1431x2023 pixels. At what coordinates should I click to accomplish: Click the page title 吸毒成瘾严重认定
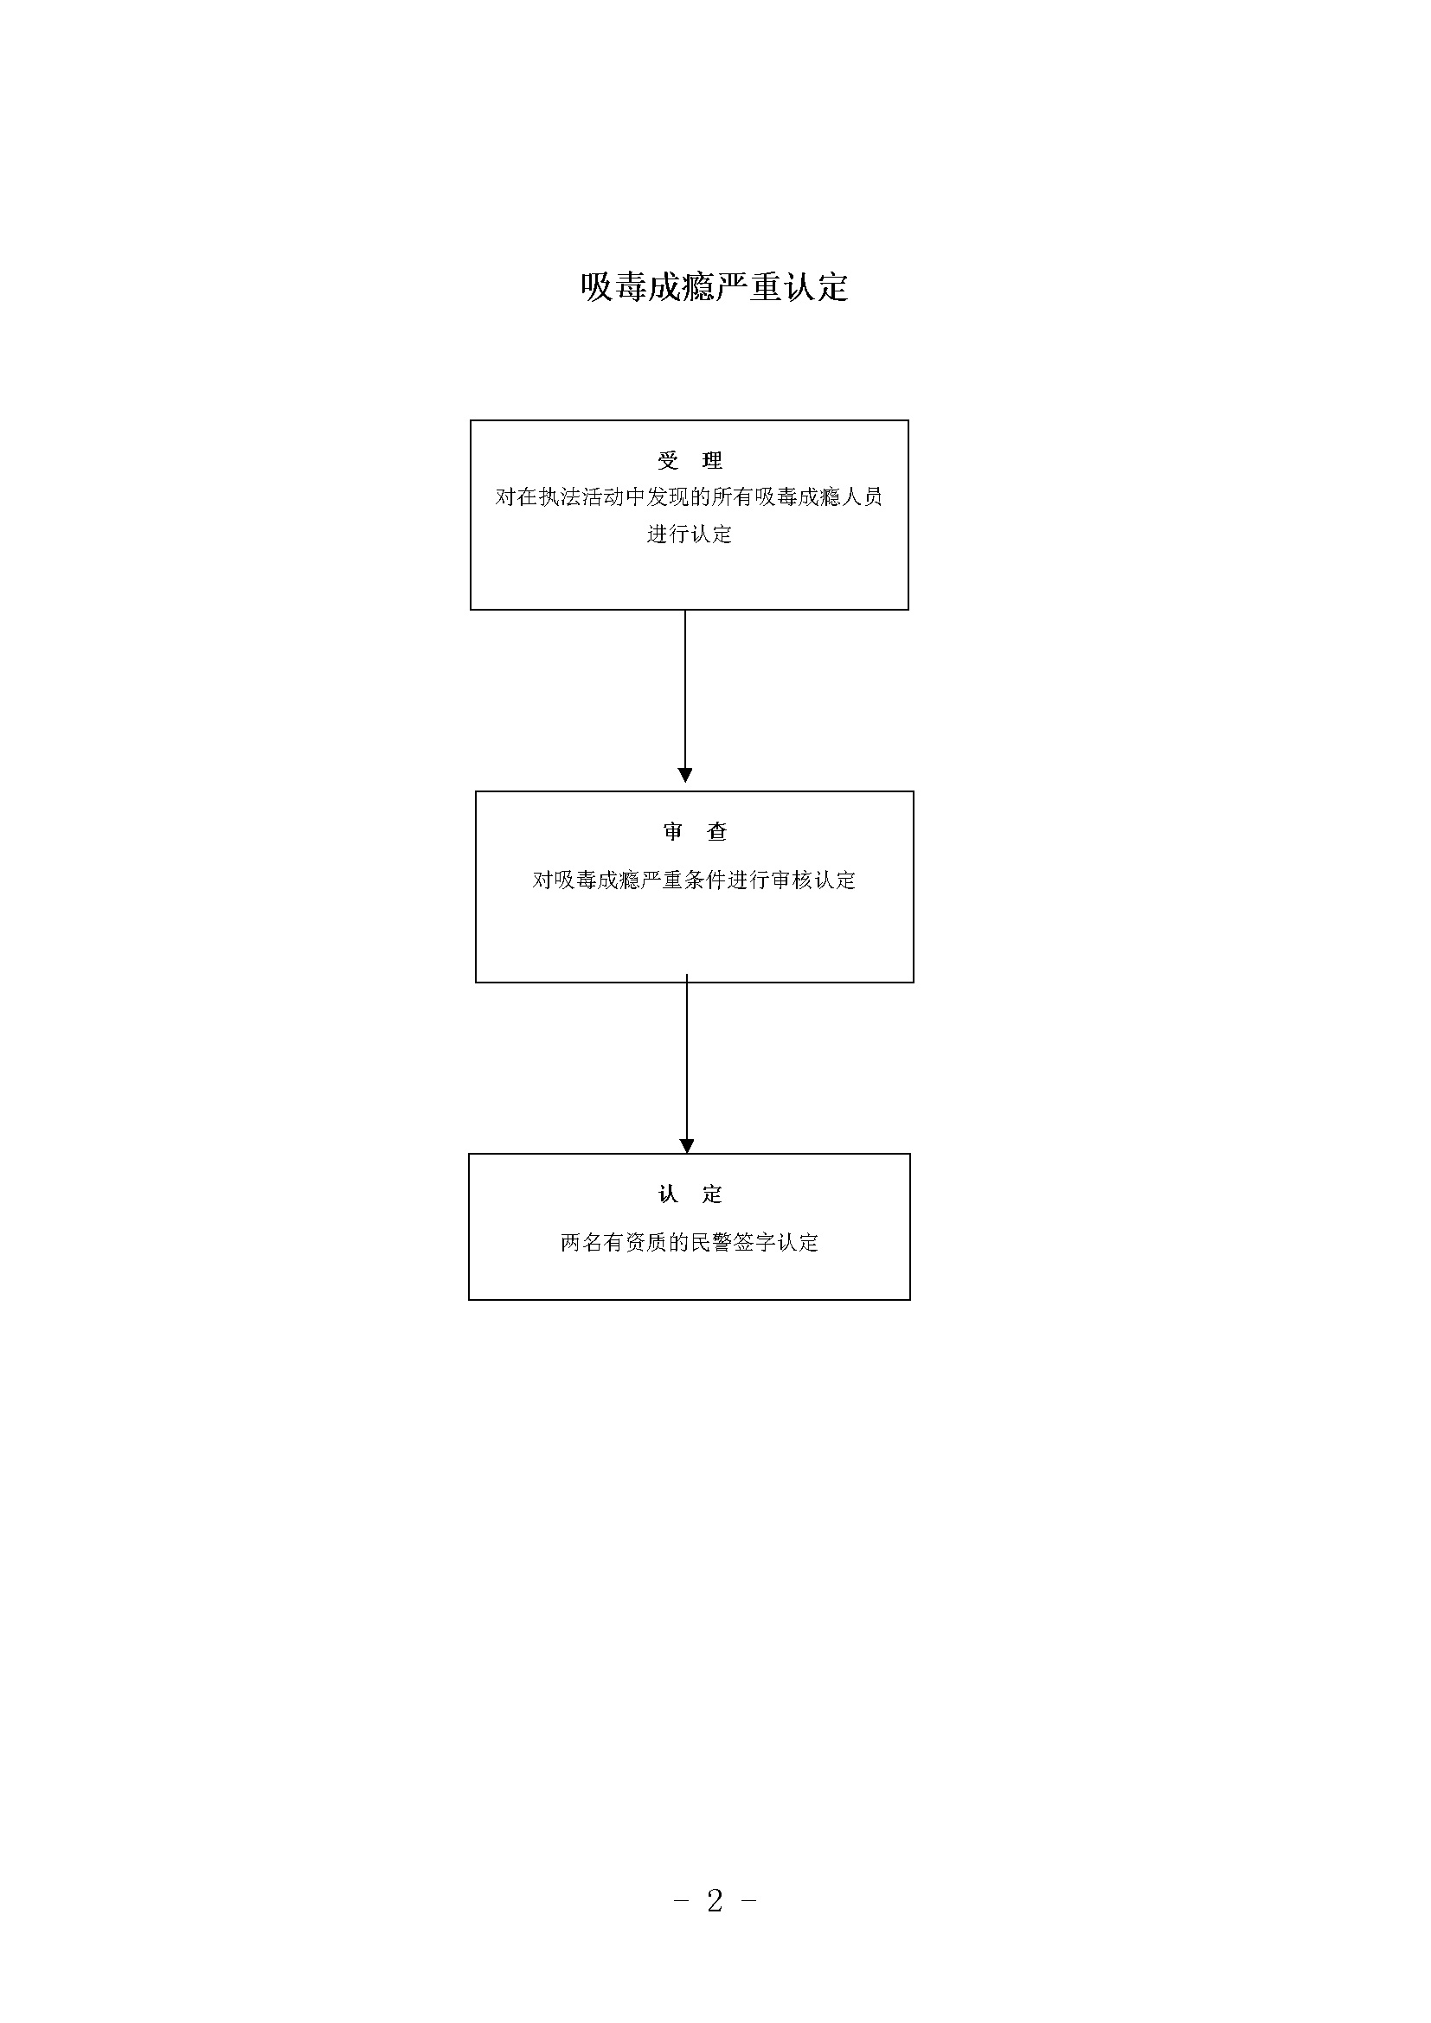(x=715, y=287)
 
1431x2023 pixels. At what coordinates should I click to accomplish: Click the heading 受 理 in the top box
(x=690, y=460)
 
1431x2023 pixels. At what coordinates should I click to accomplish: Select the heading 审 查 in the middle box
(x=696, y=831)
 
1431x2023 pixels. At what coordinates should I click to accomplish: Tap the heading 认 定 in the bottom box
(x=690, y=1194)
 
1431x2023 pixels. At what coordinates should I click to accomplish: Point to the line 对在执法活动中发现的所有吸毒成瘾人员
(x=689, y=497)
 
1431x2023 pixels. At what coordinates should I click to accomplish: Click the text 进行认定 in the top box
(x=689, y=534)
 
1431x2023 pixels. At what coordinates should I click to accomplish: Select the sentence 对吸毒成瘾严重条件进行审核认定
(x=695, y=880)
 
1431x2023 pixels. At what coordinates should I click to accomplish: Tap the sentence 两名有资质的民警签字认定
(x=690, y=1242)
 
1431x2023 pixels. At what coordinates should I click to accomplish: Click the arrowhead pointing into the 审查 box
(x=684, y=775)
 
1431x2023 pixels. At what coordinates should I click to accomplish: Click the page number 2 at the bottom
(x=715, y=1900)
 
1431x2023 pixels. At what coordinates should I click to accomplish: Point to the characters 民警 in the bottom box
(x=712, y=1242)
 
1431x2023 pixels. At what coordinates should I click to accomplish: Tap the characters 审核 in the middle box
(x=792, y=880)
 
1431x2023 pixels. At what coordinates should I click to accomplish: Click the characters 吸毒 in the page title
(x=614, y=287)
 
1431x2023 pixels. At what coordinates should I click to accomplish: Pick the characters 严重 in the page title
(x=748, y=287)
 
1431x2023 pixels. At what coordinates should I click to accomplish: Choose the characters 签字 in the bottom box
(x=755, y=1242)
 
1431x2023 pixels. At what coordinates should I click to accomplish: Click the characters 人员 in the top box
(x=862, y=497)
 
